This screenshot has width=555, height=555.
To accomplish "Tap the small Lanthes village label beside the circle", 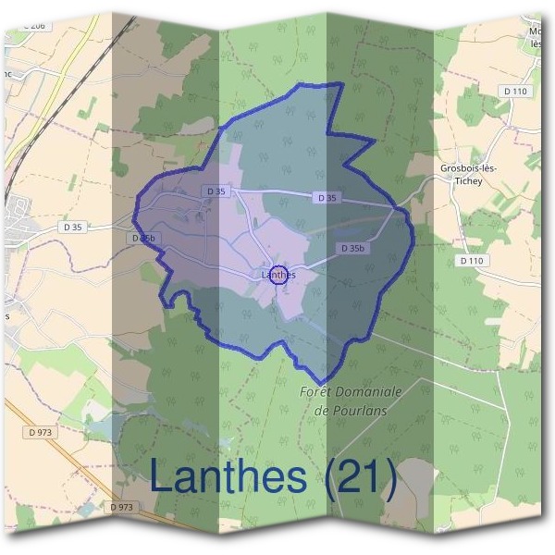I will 277,275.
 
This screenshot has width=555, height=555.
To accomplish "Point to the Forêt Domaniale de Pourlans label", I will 351,401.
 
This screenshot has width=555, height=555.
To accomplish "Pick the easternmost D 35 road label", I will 326,197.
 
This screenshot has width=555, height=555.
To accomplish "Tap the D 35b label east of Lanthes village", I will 352,248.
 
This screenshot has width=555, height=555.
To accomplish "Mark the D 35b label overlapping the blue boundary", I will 142,239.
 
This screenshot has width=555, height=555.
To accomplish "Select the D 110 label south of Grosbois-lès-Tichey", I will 472,261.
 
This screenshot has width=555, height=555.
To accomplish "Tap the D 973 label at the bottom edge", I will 121,507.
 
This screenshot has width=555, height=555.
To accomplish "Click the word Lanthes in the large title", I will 227,477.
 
